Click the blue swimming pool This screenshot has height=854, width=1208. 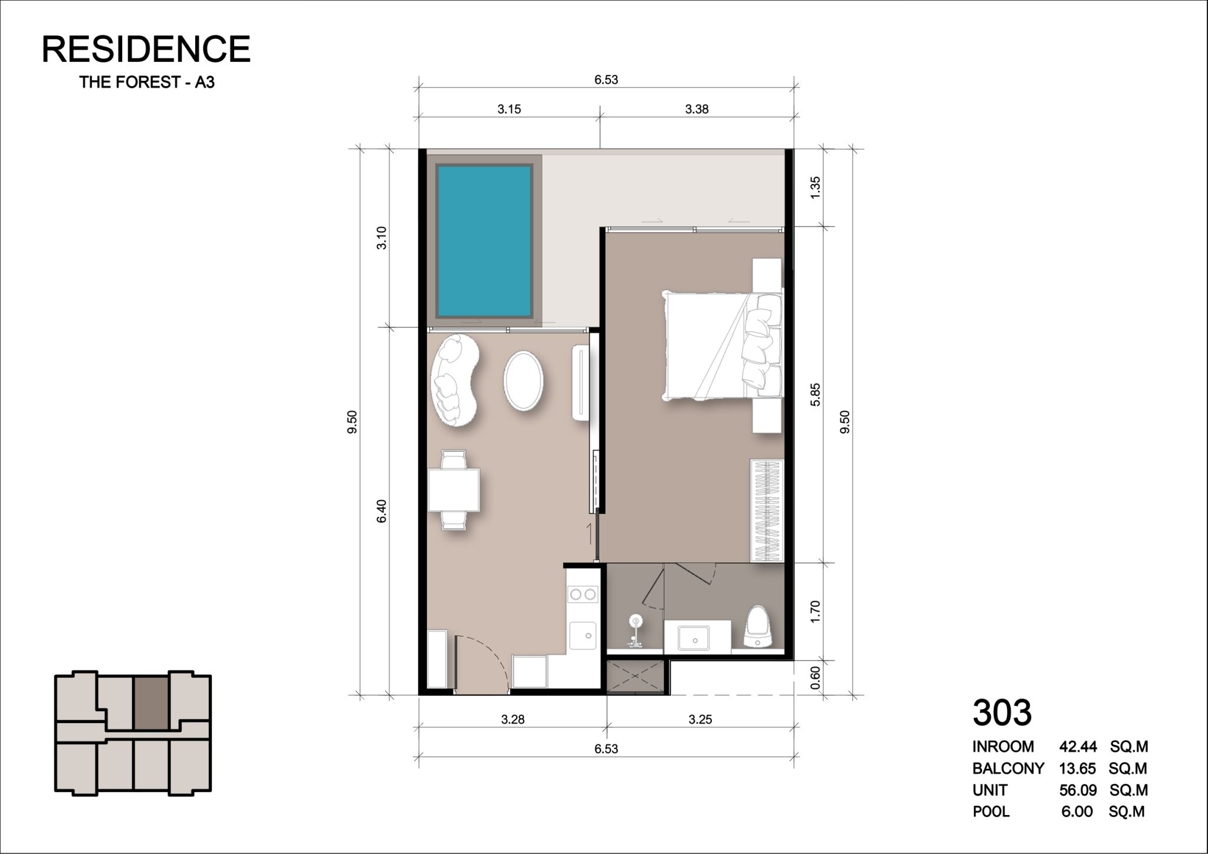point(484,241)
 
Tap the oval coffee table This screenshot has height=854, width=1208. point(523,381)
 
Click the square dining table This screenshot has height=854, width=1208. point(454,490)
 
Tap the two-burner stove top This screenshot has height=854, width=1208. point(583,594)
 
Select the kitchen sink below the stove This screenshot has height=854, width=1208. point(582,635)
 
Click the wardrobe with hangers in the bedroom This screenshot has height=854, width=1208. point(766,511)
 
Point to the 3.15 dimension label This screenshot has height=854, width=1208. point(509,109)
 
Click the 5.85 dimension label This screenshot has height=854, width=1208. point(815,395)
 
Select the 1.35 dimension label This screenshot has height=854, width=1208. point(815,188)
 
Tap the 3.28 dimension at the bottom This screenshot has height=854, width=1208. point(513,720)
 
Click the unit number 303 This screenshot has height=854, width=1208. point(1002,712)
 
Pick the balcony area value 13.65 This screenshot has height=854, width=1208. point(1078,768)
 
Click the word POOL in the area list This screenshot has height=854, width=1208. point(991,812)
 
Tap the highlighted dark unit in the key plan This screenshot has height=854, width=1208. point(152,704)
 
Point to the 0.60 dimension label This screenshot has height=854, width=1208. point(815,678)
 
